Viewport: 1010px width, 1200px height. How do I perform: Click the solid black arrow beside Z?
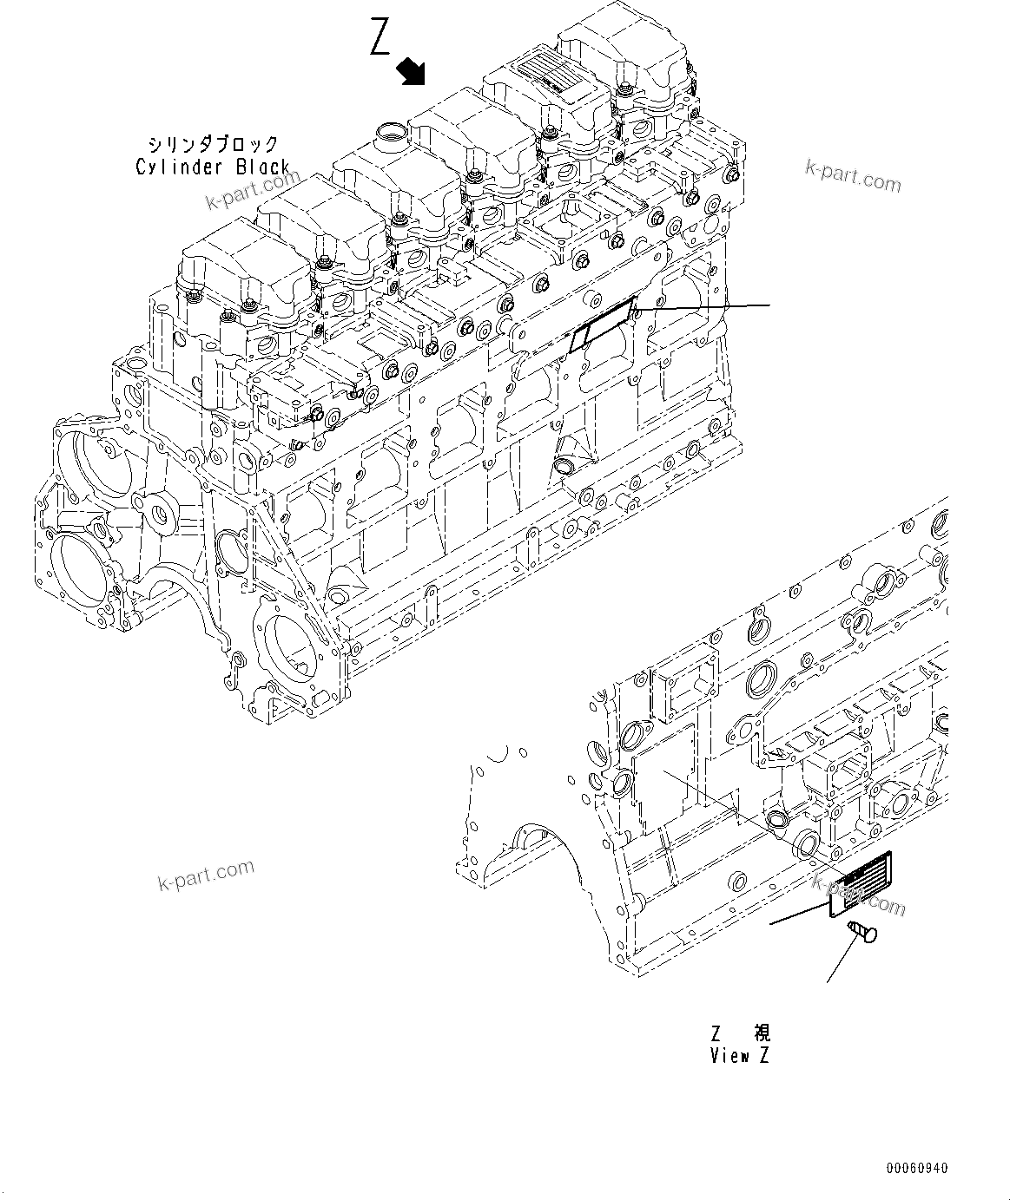coord(412,71)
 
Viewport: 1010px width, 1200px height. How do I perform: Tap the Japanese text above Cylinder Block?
coord(213,143)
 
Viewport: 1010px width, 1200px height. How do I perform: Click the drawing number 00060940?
coord(917,1167)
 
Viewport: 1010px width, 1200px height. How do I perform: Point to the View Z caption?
coord(739,1056)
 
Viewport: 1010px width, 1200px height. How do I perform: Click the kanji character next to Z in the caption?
coord(761,1033)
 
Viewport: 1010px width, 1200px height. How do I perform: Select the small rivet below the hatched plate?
coord(861,932)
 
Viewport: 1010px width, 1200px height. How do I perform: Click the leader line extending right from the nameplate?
coord(703,307)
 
